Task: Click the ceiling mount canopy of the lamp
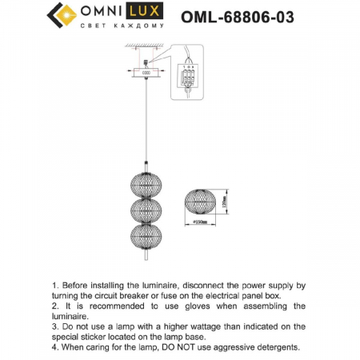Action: tap(146, 73)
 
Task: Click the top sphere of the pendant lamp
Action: tap(146, 182)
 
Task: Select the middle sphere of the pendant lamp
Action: tap(146, 211)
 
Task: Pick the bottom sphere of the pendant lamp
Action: tap(146, 240)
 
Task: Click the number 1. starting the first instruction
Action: tap(54, 285)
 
